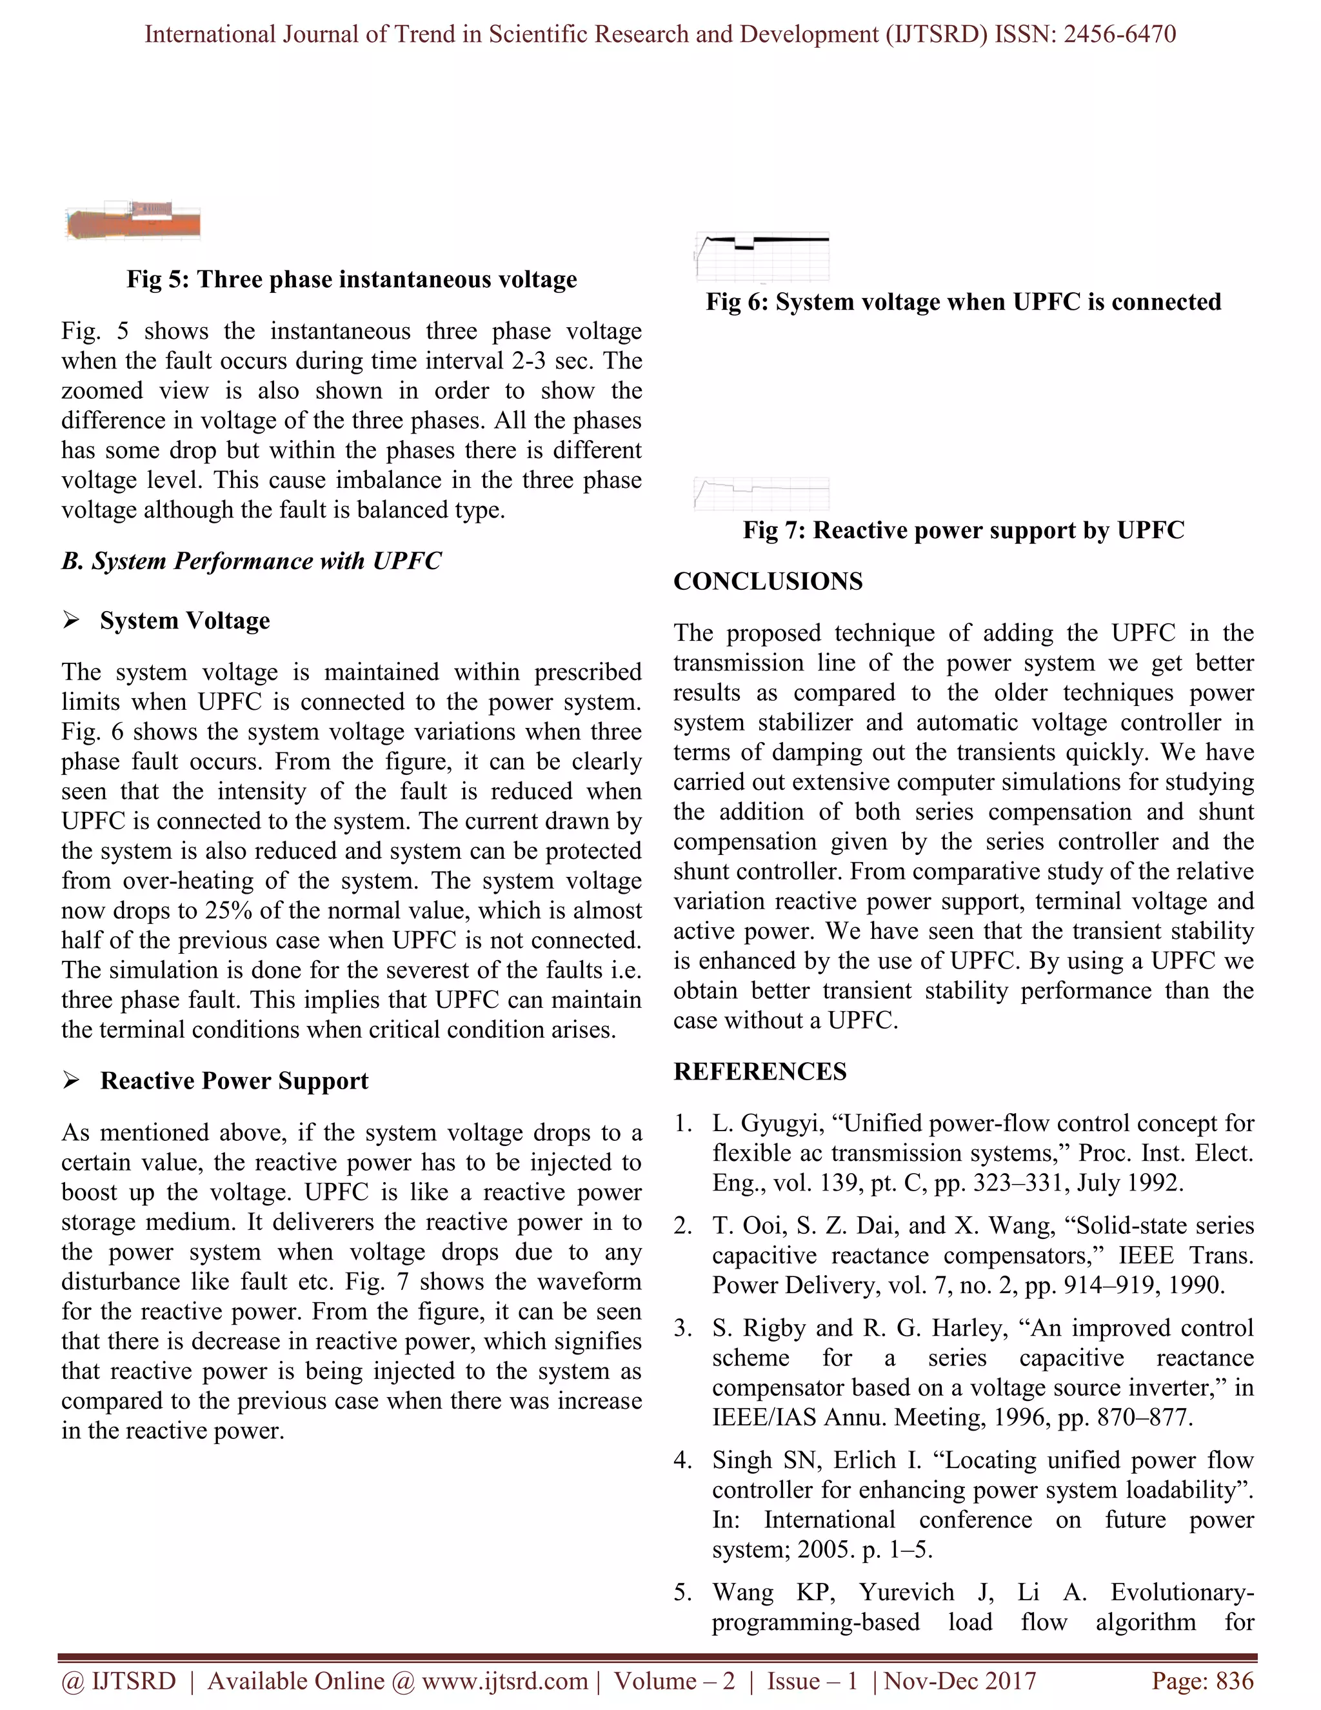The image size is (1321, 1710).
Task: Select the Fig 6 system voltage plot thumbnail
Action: pos(762,257)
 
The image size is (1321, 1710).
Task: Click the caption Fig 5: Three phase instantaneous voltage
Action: pos(352,279)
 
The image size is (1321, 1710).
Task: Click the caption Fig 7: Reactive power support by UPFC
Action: pos(964,530)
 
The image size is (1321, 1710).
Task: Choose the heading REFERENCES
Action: pos(760,1071)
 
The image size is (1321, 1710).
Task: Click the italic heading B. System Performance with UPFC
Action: pos(251,561)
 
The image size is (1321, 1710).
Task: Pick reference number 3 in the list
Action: pos(682,1328)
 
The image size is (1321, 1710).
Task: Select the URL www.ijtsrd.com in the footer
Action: pos(504,1681)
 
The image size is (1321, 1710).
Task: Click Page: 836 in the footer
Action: pos(1202,1681)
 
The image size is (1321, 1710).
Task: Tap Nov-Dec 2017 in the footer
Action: pos(960,1681)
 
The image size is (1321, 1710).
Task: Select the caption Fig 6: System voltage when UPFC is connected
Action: pos(964,302)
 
